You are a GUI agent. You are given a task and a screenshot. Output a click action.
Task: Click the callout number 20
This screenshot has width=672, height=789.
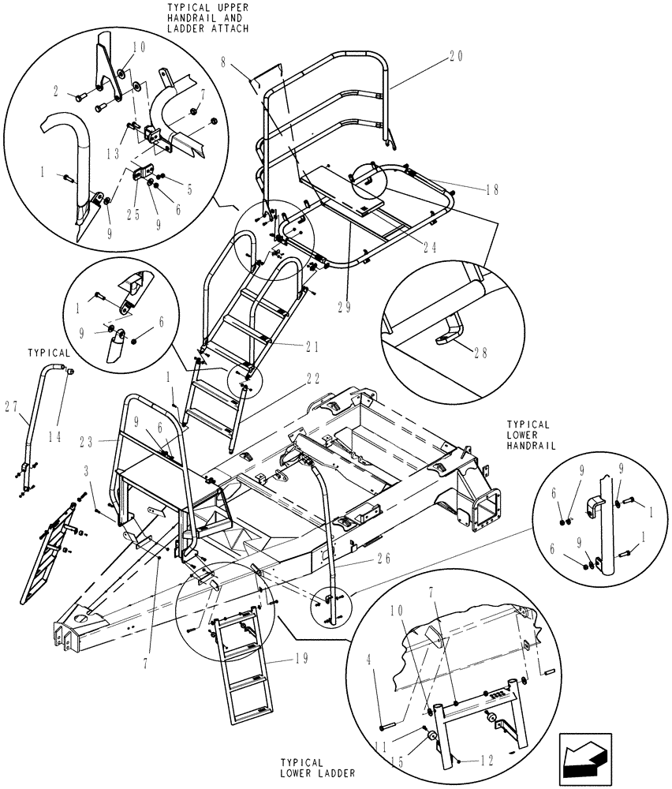(x=455, y=56)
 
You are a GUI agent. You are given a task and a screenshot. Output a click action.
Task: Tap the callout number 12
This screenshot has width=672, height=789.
(x=487, y=762)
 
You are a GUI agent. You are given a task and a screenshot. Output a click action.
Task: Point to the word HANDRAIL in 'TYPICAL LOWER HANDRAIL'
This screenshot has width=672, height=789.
(x=531, y=446)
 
